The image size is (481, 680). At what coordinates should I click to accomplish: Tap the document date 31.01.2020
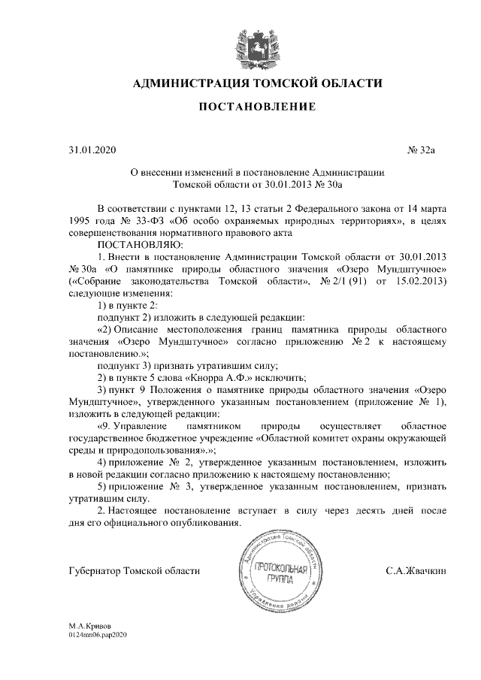click(x=89, y=150)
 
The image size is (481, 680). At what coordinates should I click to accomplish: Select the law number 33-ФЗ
click(x=148, y=221)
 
